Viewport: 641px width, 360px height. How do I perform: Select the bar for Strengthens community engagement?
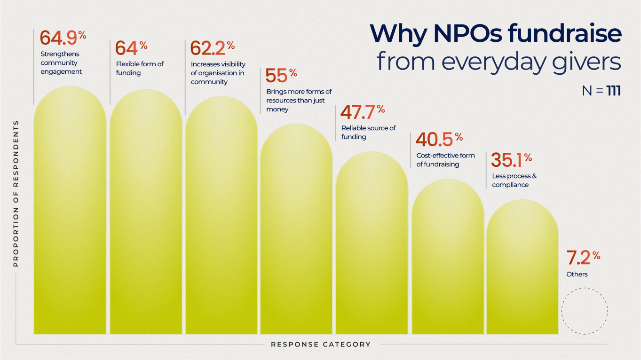click(70, 211)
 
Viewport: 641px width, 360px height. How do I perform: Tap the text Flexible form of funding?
click(140, 68)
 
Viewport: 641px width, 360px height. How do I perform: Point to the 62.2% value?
click(212, 48)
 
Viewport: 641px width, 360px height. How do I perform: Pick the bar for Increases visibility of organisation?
click(221, 216)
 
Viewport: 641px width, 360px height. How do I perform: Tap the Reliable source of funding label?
click(368, 132)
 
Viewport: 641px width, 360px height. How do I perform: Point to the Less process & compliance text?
click(514, 180)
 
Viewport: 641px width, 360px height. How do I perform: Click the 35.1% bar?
click(522, 268)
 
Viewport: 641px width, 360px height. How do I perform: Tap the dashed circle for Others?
click(585, 311)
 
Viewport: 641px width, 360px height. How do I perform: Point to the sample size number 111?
click(614, 91)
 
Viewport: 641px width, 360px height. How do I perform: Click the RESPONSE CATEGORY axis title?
click(321, 344)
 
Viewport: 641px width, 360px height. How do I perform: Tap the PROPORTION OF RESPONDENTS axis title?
click(16, 193)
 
